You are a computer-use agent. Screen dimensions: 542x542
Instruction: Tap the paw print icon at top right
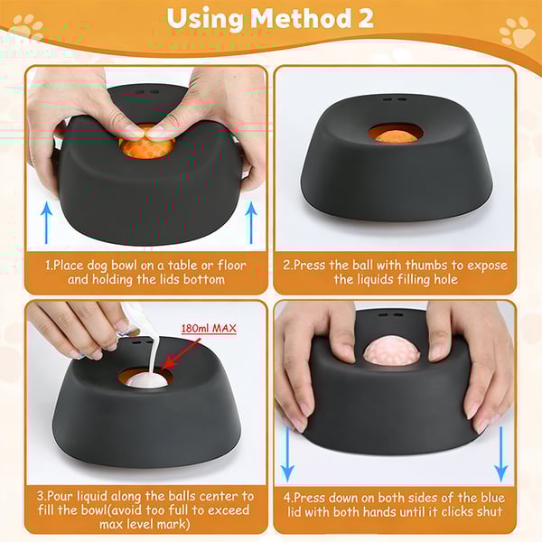[x=516, y=33]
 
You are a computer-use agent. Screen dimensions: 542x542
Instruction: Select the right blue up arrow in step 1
[x=251, y=221]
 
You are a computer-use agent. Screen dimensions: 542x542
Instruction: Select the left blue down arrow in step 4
[x=287, y=456]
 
